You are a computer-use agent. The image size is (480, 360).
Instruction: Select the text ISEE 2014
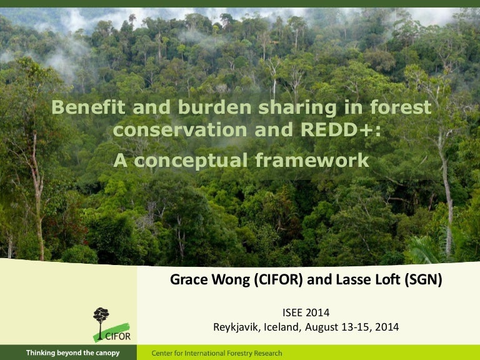click(306, 312)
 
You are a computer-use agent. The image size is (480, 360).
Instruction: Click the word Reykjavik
click(237, 327)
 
